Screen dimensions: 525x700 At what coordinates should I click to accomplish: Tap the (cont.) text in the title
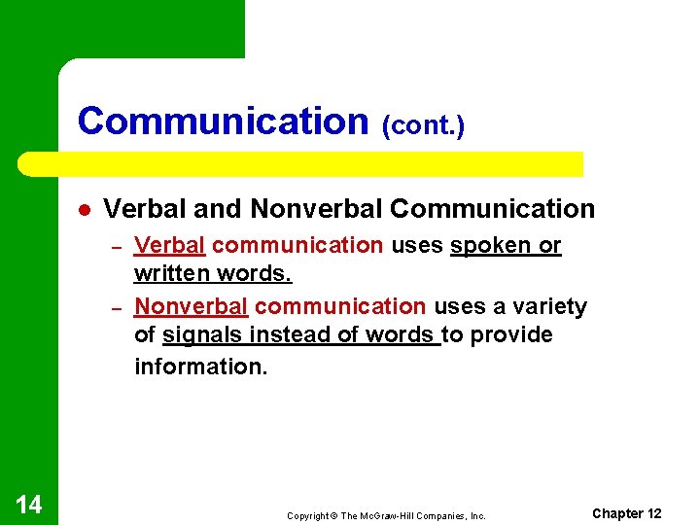(423, 125)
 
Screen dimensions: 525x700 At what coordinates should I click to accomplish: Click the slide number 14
(29, 504)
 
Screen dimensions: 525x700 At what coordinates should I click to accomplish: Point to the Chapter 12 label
(626, 513)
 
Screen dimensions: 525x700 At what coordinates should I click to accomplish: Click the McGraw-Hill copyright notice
(386, 515)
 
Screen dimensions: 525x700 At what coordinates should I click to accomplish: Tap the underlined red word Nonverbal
(192, 307)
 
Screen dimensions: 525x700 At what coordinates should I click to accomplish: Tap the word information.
(199, 367)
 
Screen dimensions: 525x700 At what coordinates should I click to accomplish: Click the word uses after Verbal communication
(417, 246)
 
